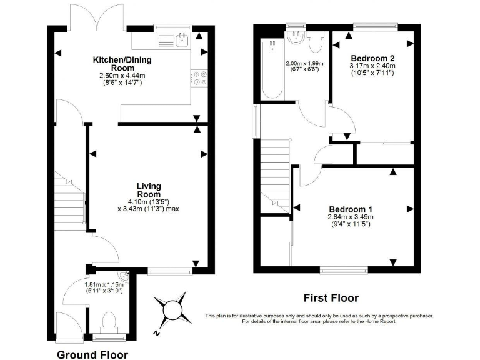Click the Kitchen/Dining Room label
point(114,64)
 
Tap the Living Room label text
point(149,190)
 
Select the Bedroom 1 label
point(350,209)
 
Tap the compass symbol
point(172,309)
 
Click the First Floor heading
point(331,298)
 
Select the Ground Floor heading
point(92,355)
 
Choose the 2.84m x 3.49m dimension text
point(351,217)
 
